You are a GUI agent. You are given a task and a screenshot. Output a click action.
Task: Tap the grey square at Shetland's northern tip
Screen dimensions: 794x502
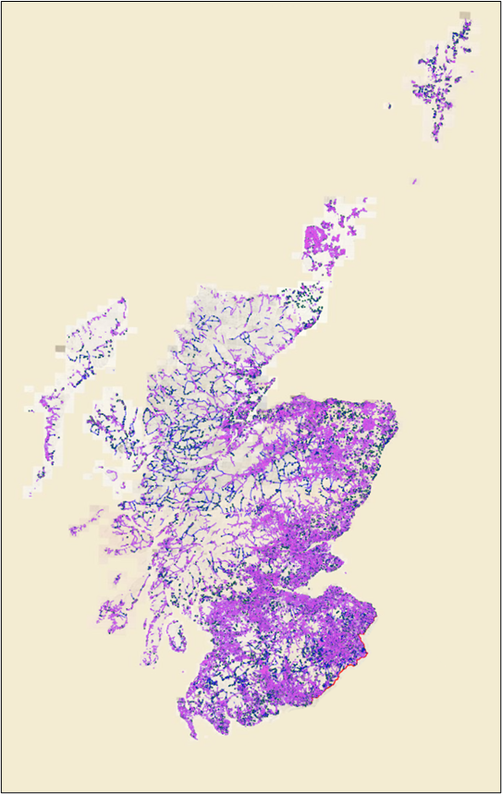point(464,16)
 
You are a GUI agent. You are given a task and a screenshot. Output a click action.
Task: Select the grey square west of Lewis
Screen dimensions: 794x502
point(61,348)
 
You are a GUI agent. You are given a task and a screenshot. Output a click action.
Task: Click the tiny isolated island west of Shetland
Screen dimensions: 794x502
point(389,106)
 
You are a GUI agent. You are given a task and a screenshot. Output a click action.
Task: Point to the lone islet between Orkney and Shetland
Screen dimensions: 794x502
point(414,181)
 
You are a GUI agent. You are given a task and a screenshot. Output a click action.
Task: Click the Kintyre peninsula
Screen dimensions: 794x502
point(150,638)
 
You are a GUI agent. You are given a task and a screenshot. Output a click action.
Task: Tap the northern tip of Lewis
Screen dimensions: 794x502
point(123,299)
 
